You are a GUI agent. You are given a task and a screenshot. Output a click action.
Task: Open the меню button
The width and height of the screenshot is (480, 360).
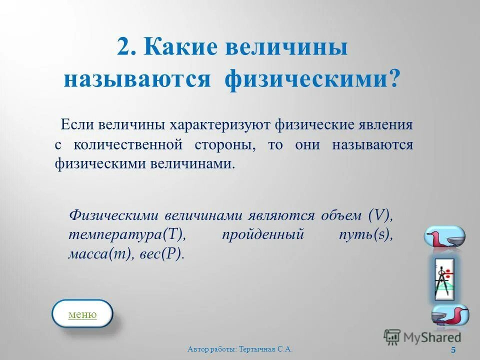[x=82, y=314]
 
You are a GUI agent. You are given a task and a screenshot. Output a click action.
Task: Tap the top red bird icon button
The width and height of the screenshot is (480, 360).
[x=444, y=236]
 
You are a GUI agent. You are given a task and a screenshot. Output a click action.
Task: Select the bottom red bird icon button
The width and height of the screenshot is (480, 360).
[x=450, y=316]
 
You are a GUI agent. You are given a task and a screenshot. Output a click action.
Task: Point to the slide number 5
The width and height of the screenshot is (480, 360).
[x=453, y=349]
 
